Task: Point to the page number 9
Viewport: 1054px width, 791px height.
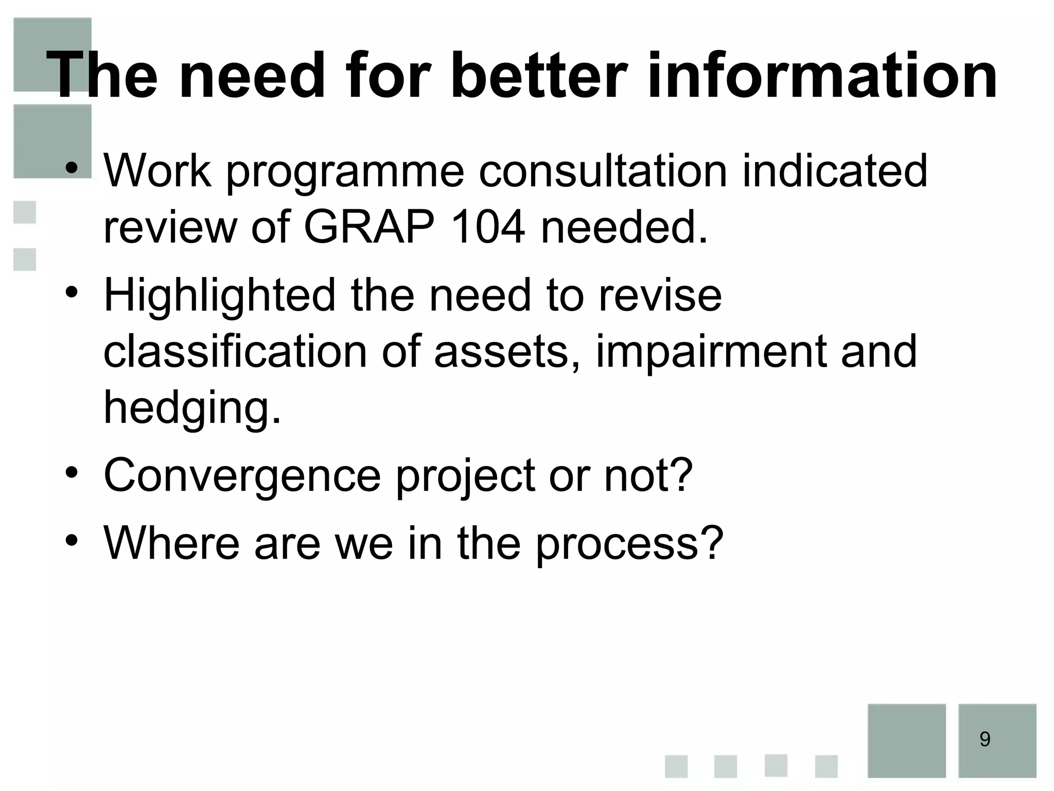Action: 985,740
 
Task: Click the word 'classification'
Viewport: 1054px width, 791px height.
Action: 235,351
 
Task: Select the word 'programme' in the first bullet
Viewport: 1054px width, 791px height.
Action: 345,173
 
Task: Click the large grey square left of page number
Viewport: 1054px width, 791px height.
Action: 906,740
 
